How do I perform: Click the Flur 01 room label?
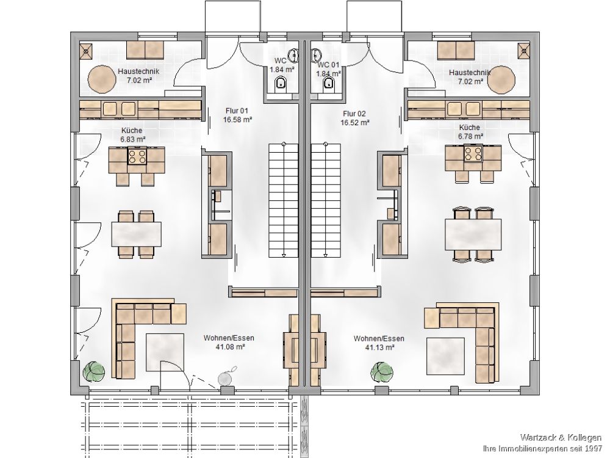click(x=237, y=111)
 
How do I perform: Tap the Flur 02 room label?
click(x=354, y=114)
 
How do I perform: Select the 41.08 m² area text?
click(x=230, y=347)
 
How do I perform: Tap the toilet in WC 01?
click(x=329, y=84)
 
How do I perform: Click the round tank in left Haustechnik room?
click(x=102, y=79)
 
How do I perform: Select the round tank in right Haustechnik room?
click(x=501, y=79)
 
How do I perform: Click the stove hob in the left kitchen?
click(x=137, y=156)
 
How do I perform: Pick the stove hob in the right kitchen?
click(x=473, y=152)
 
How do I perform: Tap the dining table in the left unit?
click(x=136, y=234)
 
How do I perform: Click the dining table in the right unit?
click(x=473, y=234)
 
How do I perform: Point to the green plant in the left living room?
click(x=94, y=371)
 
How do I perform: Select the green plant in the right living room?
click(x=381, y=372)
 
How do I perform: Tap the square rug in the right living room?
click(x=445, y=356)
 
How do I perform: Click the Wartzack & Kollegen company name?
click(x=561, y=438)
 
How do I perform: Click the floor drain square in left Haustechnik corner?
click(x=87, y=50)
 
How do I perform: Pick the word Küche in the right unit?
click(x=470, y=128)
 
